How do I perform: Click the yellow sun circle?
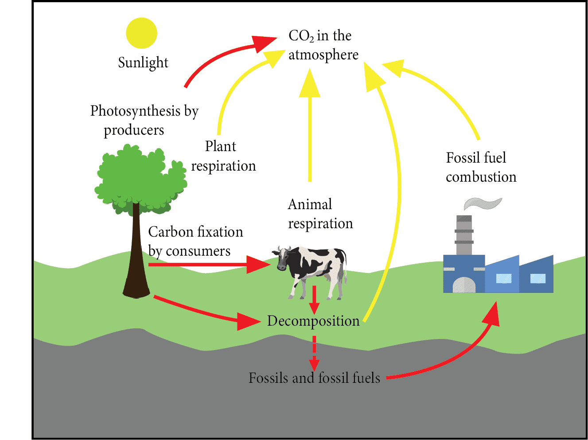(x=141, y=33)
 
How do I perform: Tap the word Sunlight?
(x=143, y=62)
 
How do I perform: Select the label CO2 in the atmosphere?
(x=323, y=45)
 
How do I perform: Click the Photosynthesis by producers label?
(x=144, y=120)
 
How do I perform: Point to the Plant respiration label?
(x=223, y=156)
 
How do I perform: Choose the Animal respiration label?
(x=320, y=214)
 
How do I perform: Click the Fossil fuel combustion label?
(x=481, y=167)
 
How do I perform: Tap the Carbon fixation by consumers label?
(x=195, y=241)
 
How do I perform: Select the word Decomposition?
(x=313, y=321)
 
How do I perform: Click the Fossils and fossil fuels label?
(x=314, y=378)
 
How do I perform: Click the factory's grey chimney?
(x=464, y=235)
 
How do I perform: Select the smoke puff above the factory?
(x=483, y=203)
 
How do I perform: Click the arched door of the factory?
(x=464, y=285)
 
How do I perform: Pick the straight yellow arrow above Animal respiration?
(x=310, y=128)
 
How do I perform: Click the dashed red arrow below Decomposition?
(x=314, y=353)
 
